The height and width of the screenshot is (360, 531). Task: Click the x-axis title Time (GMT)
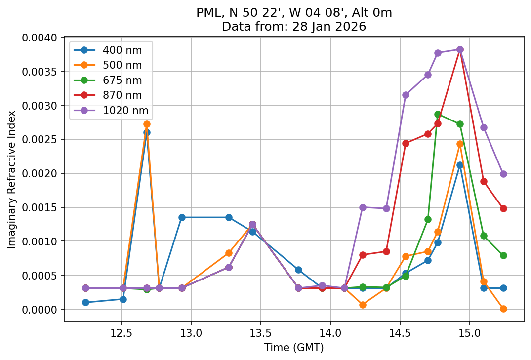pos(294,348)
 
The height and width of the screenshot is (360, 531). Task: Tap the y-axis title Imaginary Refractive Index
pos(11,179)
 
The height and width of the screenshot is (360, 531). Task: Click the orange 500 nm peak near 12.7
pos(147,124)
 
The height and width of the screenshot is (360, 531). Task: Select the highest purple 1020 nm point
pos(460,49)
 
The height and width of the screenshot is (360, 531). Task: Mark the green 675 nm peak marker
pos(438,114)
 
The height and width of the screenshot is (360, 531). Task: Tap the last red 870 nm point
pos(503,208)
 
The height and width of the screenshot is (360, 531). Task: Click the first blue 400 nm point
pos(85,302)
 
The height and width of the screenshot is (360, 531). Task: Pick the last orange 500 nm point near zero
pos(503,309)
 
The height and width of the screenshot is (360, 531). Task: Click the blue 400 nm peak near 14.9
pos(460,165)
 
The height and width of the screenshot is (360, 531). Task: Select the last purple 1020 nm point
pos(503,174)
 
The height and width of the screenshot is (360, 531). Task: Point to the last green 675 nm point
pos(503,255)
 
